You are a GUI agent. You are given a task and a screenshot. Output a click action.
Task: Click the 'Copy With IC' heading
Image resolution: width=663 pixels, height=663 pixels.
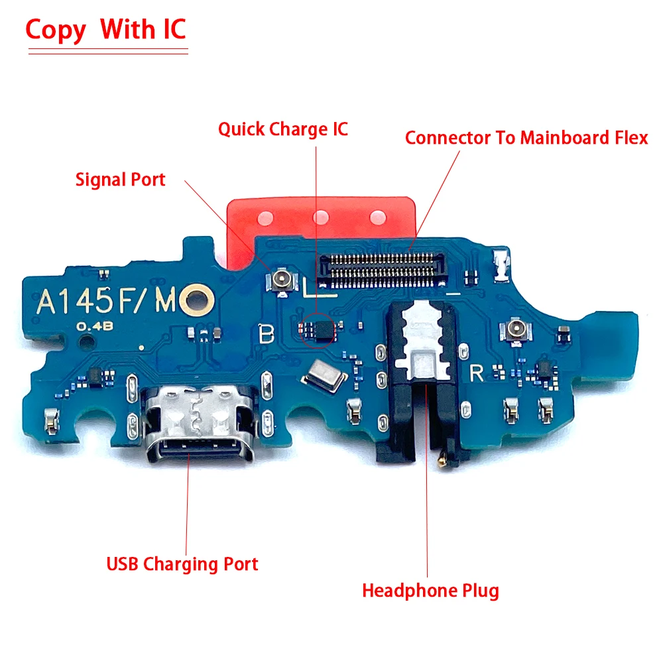point(106,30)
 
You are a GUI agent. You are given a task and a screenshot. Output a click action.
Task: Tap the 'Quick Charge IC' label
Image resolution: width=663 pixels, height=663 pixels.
point(283,128)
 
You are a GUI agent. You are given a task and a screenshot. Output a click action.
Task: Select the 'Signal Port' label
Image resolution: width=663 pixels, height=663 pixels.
point(120,179)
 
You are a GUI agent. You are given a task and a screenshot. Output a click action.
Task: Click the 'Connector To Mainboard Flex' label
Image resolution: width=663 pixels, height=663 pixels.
point(526,138)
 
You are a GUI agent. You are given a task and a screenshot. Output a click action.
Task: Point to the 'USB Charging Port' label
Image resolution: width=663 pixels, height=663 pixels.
point(182,564)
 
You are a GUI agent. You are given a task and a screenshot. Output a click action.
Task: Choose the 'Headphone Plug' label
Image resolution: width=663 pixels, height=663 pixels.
point(430,590)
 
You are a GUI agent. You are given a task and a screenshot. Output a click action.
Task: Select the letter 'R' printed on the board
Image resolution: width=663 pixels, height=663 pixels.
point(476,373)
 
